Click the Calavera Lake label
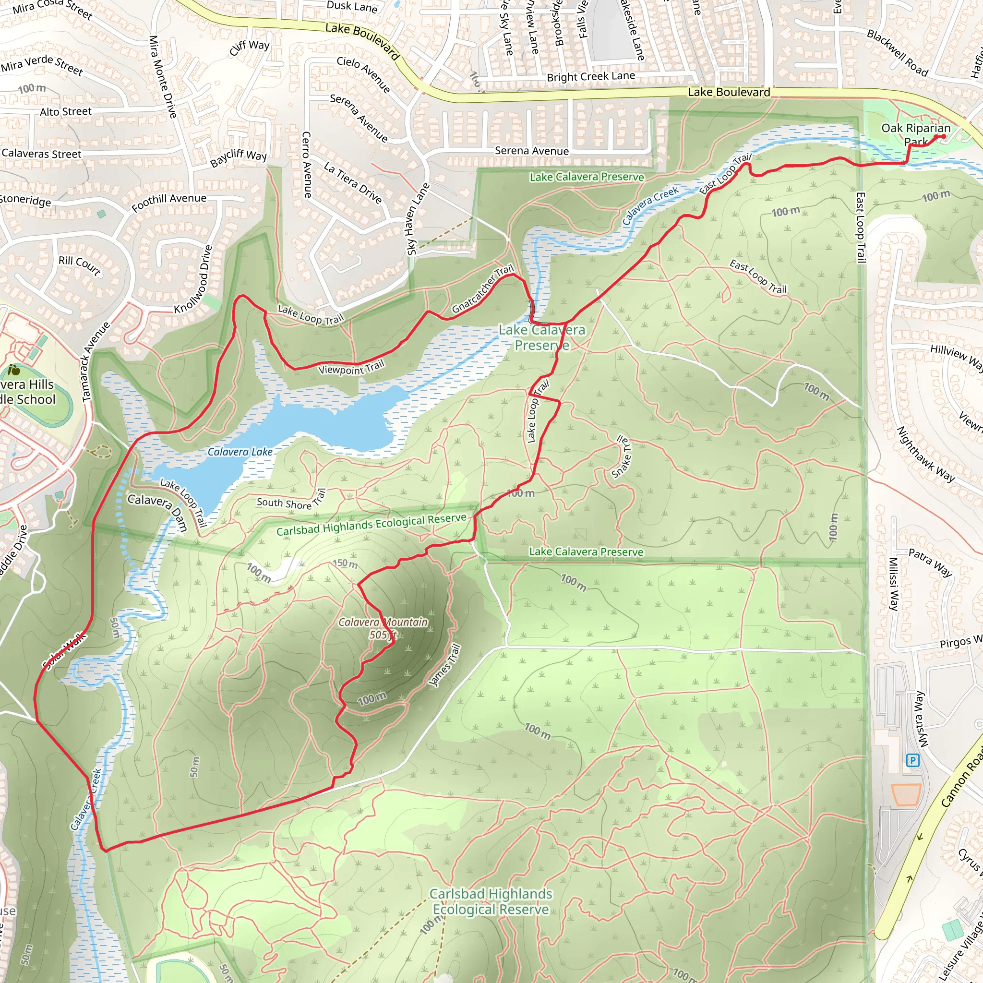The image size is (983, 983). point(240,452)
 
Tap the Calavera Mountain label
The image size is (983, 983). point(383,622)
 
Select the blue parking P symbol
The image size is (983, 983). point(913,761)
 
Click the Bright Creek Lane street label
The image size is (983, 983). point(591,76)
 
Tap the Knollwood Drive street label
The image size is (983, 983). point(193,280)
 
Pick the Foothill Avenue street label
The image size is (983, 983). point(169,202)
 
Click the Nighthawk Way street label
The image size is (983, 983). point(925,455)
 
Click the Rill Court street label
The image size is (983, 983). point(79,264)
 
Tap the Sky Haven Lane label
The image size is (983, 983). point(418,219)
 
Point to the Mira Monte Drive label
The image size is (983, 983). point(162,76)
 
